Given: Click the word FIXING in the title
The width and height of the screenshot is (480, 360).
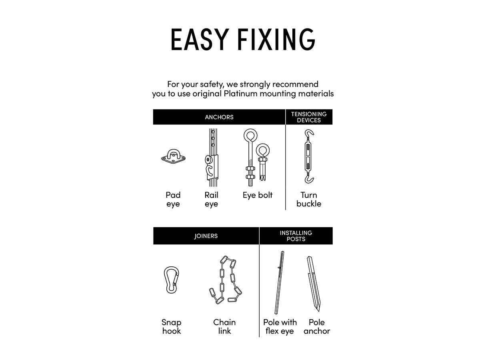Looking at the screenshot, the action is click(x=276, y=39).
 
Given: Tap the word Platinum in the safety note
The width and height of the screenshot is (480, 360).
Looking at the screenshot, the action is click(x=240, y=94).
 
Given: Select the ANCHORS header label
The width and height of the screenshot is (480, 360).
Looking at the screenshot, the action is click(x=219, y=117).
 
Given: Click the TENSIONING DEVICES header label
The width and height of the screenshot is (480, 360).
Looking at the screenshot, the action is click(x=309, y=117).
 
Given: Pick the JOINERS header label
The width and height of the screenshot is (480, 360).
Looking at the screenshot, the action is click(x=206, y=236).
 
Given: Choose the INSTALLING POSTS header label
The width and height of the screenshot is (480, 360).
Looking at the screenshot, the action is click(x=296, y=236).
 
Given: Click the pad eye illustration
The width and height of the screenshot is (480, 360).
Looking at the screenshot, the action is click(x=174, y=156).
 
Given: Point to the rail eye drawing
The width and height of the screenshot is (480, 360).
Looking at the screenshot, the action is click(x=212, y=158).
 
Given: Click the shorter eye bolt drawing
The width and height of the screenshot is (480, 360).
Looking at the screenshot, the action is click(x=262, y=162).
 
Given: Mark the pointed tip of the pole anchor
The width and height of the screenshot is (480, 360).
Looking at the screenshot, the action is click(x=319, y=311).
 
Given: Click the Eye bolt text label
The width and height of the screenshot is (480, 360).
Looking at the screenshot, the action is click(x=257, y=195).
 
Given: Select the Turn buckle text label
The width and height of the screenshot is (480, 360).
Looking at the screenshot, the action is click(x=309, y=199).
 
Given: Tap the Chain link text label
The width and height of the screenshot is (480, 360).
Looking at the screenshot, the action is click(x=224, y=326).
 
